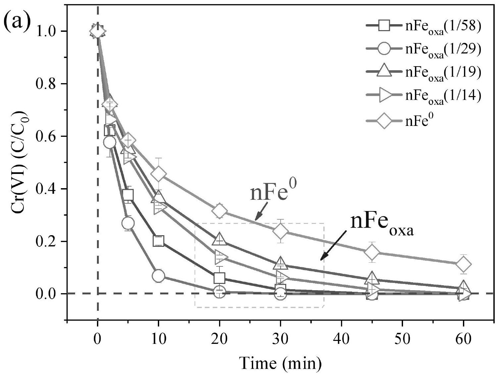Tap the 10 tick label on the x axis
coord(158,340)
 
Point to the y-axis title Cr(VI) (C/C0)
coord(21,162)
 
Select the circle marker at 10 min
coord(159,276)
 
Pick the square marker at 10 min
coord(159,241)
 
